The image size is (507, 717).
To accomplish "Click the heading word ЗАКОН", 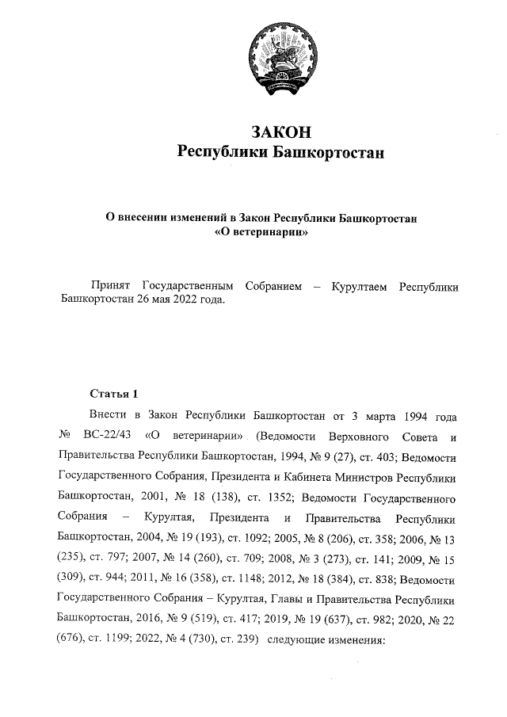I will tap(280, 130).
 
